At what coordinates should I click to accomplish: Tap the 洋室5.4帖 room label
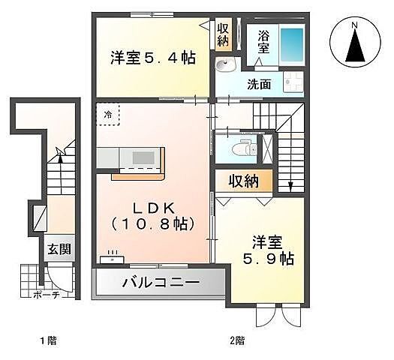click(x=153, y=57)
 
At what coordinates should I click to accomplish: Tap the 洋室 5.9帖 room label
click(x=267, y=250)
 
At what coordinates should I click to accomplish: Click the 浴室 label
click(x=263, y=41)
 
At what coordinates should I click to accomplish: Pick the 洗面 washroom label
click(x=259, y=84)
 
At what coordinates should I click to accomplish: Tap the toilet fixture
click(x=241, y=147)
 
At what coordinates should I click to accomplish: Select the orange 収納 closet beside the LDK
click(x=244, y=181)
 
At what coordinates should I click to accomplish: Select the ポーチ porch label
click(x=46, y=295)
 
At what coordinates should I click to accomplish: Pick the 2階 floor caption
click(x=237, y=340)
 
